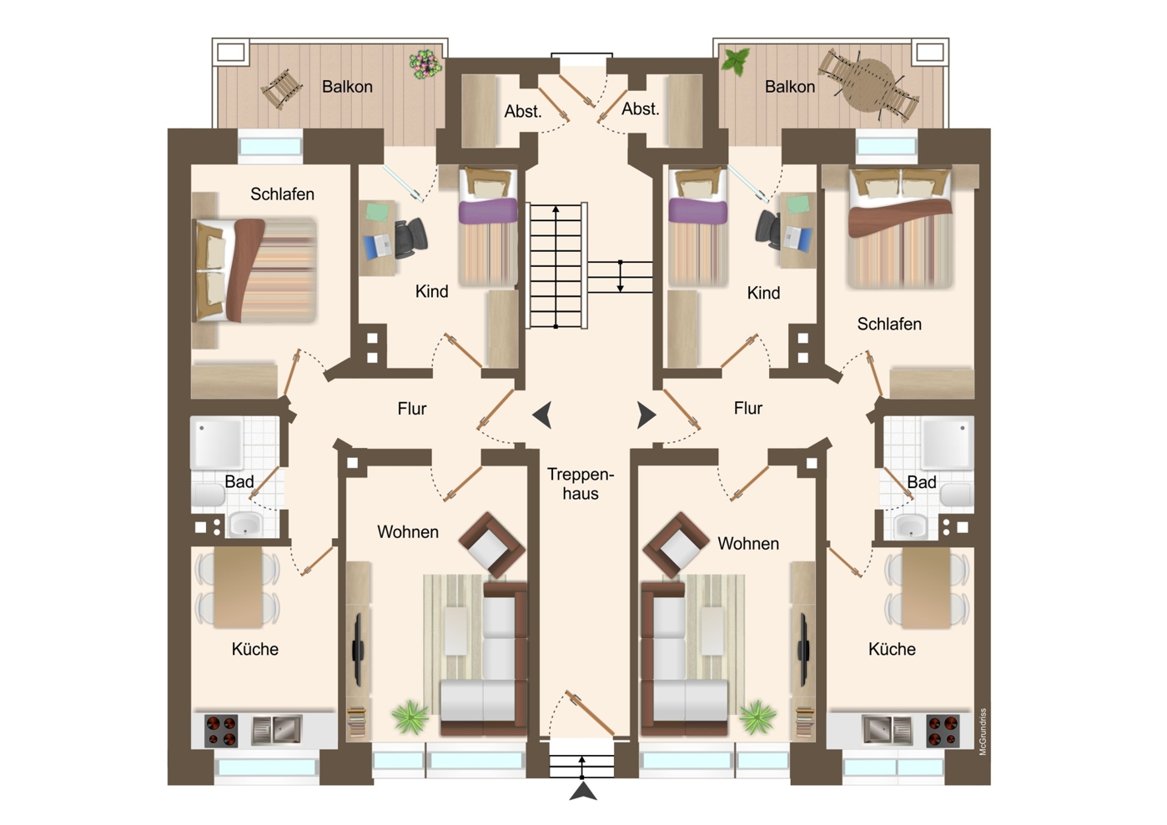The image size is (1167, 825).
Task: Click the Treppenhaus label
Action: point(581,483)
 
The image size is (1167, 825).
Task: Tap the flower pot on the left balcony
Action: point(425,64)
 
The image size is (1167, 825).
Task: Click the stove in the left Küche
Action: point(221,730)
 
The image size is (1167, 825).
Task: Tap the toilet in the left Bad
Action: point(209,495)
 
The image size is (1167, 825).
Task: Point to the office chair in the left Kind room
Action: point(410,239)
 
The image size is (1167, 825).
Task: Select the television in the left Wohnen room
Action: point(358,649)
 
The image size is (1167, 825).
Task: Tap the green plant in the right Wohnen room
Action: point(757,717)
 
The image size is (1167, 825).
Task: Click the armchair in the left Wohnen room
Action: point(492,545)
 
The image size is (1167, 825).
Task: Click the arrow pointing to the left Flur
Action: point(542,415)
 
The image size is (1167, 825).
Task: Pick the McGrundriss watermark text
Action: point(983,732)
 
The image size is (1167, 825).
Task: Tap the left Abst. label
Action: point(523,111)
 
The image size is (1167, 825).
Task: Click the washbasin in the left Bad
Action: point(246,523)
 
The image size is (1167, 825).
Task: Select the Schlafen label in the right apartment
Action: point(889,324)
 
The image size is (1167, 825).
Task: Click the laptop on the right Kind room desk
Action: point(798,238)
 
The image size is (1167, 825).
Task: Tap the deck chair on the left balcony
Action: point(283,89)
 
